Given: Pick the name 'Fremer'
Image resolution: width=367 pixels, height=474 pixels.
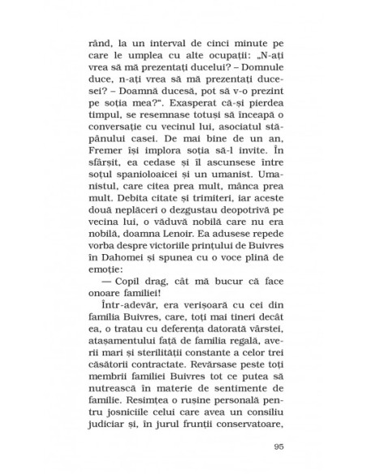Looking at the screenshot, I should (x=109, y=164).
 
